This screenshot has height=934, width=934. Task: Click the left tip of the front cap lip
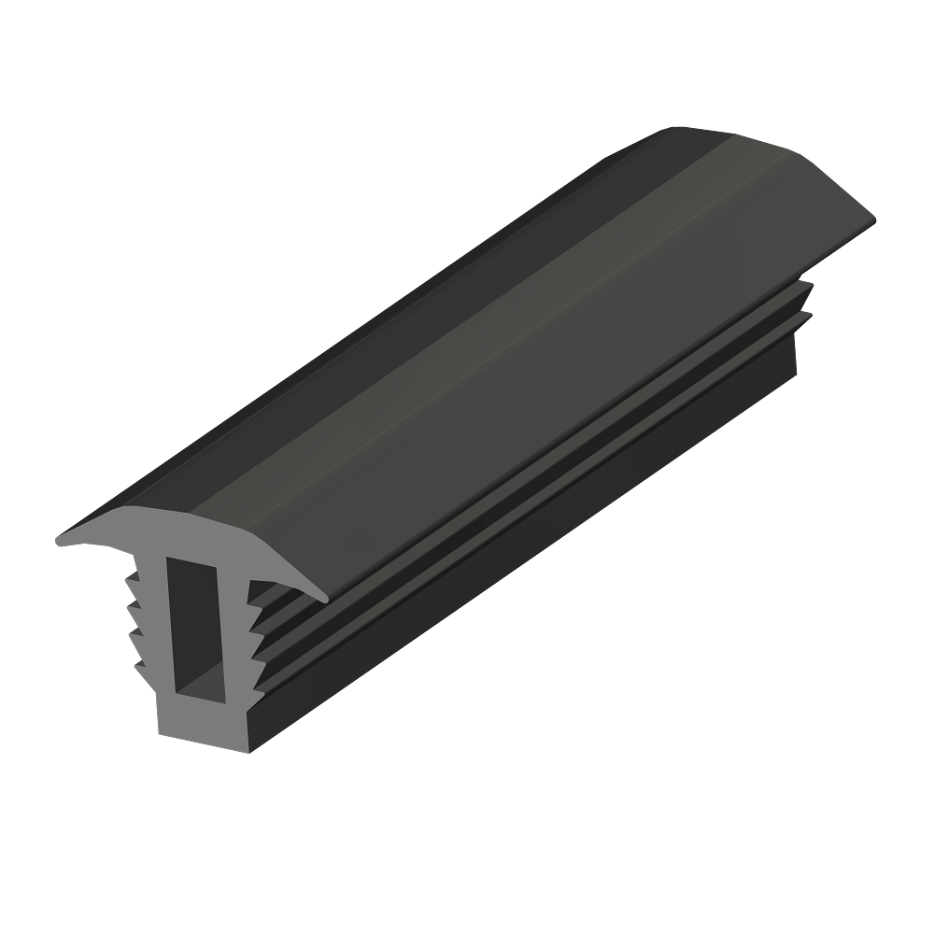coord(61,540)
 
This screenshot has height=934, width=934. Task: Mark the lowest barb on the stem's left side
coord(140,665)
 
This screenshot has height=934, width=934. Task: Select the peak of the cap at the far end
coord(691,129)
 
